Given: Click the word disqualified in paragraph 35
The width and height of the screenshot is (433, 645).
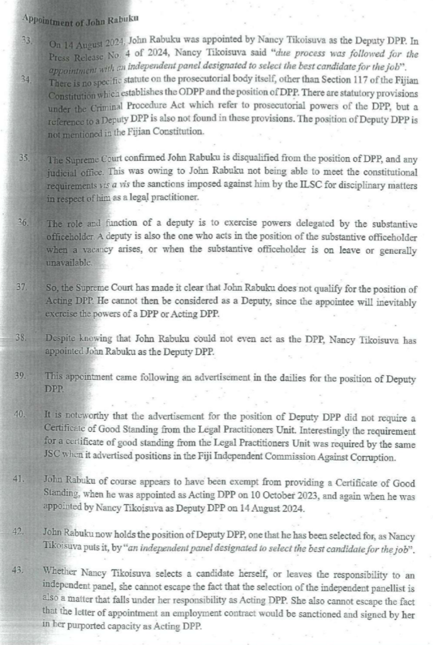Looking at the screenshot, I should (x=228, y=159).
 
